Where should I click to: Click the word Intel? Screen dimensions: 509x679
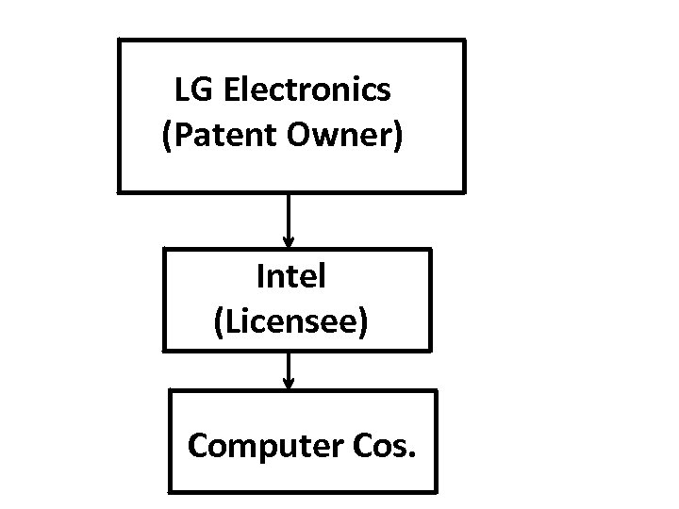(x=290, y=277)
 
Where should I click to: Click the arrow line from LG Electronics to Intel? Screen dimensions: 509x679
(x=289, y=217)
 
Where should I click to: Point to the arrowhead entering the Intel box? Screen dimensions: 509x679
(x=289, y=242)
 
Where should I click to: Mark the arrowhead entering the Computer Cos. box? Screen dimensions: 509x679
(x=289, y=384)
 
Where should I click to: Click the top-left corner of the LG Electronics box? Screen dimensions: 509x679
(x=119, y=41)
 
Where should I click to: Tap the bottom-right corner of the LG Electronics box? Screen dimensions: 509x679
(x=464, y=191)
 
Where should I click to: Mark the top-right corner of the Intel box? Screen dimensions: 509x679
(x=431, y=250)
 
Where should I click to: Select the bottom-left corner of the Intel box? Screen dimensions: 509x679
(x=164, y=351)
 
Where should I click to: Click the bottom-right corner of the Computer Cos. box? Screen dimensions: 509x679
(x=437, y=491)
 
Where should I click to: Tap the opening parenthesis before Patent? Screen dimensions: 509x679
(x=168, y=138)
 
